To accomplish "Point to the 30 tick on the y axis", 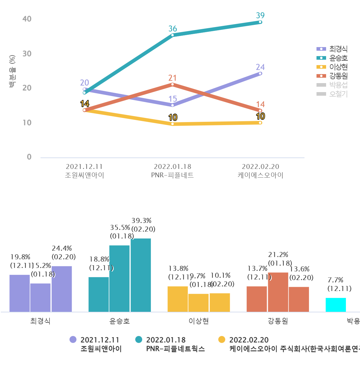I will click(x=27, y=54).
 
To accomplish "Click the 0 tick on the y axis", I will click(x=29, y=157).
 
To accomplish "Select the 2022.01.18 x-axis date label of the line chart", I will click(x=172, y=167).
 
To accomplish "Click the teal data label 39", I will click(x=260, y=16).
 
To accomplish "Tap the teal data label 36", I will click(x=172, y=29).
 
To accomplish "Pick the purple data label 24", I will click(x=260, y=67).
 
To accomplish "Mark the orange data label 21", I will click(x=172, y=78).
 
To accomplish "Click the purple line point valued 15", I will click(x=172, y=105).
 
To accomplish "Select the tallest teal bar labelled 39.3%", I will click(x=141, y=275).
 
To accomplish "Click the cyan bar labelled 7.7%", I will click(x=336, y=305).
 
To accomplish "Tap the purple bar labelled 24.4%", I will click(x=62, y=289).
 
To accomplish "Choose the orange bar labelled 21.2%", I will click(x=278, y=292).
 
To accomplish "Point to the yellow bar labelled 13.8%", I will click(x=178, y=299).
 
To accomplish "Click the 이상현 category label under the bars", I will click(x=199, y=321).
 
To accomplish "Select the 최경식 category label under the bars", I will click(x=40, y=321).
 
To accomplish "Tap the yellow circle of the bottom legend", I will click(x=222, y=340).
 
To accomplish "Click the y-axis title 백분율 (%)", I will click(x=12, y=71).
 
